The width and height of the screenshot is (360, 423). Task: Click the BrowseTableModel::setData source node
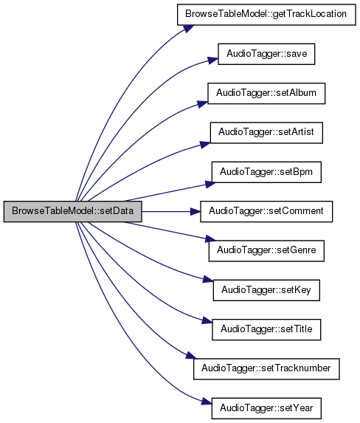[73, 211]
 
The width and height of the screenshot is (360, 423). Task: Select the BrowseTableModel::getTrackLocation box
[266, 15]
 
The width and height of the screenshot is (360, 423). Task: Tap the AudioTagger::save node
[266, 54]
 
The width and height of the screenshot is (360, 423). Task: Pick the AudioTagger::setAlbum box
[266, 93]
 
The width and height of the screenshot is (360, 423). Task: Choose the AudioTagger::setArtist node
[266, 133]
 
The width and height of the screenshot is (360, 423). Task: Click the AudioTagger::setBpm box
[266, 172]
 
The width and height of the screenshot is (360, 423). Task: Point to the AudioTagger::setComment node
[266, 211]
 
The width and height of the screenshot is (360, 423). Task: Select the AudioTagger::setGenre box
[266, 251]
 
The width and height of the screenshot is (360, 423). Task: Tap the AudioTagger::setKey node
[266, 290]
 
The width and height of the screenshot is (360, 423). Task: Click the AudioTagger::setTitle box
[266, 330]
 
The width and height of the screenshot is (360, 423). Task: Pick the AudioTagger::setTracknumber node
[266, 369]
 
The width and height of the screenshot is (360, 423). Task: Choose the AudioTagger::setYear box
[266, 408]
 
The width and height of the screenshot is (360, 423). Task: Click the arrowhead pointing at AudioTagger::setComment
[195, 211]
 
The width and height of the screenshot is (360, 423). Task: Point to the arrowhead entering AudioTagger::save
[212, 61]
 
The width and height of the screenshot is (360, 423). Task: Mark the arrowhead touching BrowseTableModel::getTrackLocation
[189, 28]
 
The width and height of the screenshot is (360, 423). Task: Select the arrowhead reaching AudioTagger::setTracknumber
[192, 355]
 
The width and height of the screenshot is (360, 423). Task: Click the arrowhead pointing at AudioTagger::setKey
[208, 280]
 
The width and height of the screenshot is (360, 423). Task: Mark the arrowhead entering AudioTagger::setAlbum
[203, 104]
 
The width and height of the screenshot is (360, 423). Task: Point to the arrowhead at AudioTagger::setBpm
[210, 184]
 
